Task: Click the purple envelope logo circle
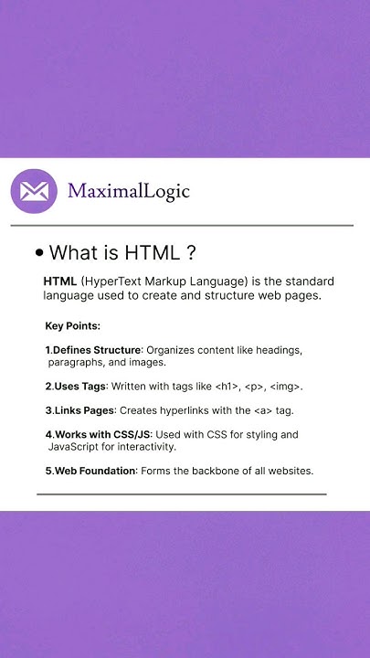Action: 34,191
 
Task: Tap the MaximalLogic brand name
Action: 129,191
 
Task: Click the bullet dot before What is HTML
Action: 39,252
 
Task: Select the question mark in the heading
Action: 190,252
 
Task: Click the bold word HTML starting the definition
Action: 59,281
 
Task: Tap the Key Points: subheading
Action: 72,325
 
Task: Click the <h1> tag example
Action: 227,387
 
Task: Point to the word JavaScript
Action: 77,448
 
